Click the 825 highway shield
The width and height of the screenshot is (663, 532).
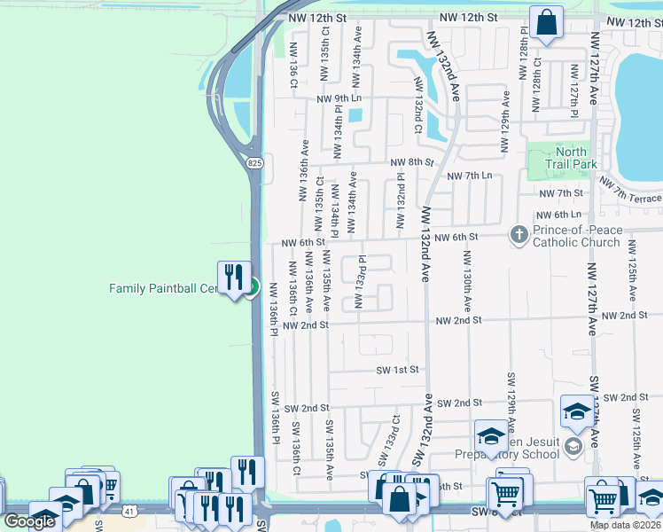tap(254, 162)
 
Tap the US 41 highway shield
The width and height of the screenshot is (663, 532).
tap(130, 512)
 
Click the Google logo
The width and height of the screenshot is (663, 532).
tap(29, 521)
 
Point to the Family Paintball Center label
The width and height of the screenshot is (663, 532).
tap(163, 288)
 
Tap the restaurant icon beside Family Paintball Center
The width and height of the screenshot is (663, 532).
tap(234, 277)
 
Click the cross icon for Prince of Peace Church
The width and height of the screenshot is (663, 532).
tap(519, 235)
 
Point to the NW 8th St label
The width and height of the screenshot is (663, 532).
tap(412, 163)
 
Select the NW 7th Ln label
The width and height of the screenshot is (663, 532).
tap(470, 176)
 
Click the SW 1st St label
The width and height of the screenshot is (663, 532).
tap(396, 370)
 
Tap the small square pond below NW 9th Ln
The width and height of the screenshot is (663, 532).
tap(355, 115)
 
